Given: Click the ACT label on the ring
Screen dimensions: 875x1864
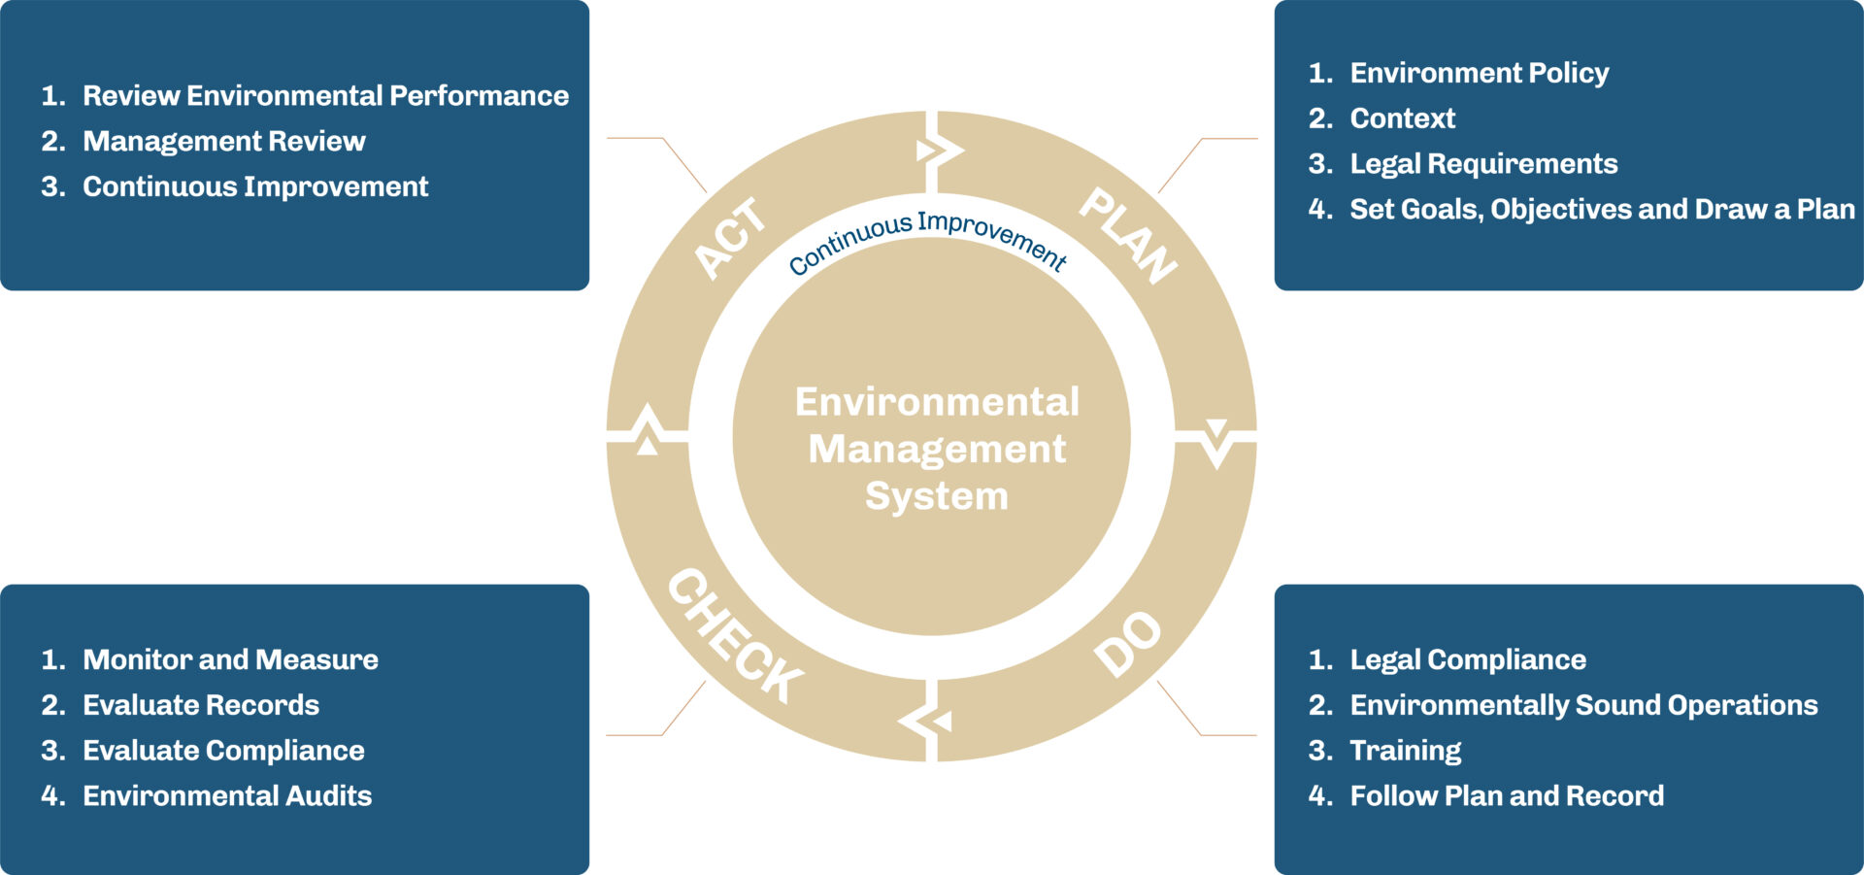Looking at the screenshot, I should pos(730,239).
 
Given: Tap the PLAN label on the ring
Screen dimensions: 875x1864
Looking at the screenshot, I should pos(1129,236).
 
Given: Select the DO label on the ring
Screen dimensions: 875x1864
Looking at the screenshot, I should pos(1127,644).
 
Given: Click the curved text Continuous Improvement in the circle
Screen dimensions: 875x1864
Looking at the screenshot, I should pos(927,240).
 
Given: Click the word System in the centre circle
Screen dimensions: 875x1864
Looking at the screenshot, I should pos(936,496).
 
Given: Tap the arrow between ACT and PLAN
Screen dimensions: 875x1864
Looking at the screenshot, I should pos(938,151).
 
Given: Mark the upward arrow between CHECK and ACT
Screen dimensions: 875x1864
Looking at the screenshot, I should pos(647,430).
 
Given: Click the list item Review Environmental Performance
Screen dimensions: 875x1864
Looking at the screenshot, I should pos(325,95).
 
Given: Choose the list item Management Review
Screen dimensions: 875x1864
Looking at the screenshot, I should pos(223,141).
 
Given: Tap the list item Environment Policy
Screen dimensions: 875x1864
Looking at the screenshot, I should pos(1479,73).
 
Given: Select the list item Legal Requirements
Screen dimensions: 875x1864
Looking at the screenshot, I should pos(1483,163).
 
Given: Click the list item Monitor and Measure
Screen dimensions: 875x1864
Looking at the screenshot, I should pos(230,659).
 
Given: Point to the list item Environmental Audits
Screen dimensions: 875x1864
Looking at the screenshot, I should pos(227,795).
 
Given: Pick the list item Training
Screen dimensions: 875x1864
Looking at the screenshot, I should pos(1405,750).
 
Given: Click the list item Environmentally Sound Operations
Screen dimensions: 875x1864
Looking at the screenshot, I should pos(1583,705).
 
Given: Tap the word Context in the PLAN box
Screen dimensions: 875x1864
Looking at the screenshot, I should pos(1402,118).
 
